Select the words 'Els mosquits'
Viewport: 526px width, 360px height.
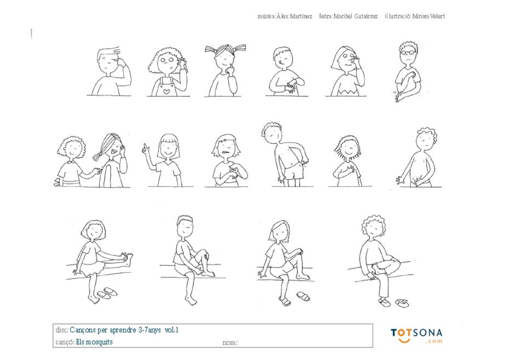94,342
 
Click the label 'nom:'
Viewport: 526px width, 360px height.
230,342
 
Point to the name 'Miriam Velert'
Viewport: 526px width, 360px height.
428,16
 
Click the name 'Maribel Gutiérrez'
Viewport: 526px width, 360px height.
356,16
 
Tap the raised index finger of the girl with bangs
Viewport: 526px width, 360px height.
145,147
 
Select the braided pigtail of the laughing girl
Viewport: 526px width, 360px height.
99,157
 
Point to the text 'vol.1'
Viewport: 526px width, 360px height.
171,330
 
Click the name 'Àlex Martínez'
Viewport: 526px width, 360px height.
294,16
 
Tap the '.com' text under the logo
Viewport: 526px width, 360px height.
434,341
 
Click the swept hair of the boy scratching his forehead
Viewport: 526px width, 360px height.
108,53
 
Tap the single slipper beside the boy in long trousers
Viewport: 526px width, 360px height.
402,302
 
